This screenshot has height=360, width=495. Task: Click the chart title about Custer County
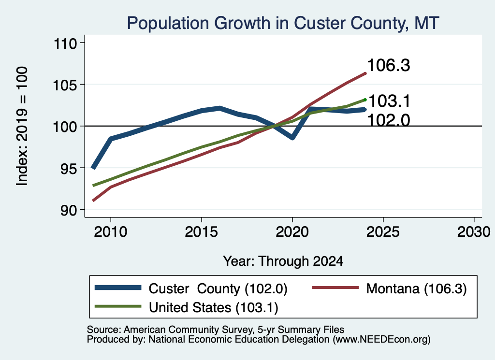coord(283,23)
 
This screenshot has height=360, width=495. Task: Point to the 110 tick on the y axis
coord(66,43)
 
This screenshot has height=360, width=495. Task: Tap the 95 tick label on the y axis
coord(69,168)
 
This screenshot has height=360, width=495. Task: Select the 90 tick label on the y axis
coord(69,210)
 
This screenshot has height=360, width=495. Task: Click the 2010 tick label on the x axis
coord(111,232)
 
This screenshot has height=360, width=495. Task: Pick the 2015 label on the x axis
coord(202,232)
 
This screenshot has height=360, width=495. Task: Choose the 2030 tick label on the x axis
coord(474,232)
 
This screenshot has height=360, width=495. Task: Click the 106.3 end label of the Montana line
coord(388,65)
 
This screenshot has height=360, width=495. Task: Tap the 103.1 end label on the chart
coord(389,101)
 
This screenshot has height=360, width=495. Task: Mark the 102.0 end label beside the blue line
coord(389,120)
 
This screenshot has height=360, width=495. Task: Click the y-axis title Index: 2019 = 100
coord(22,126)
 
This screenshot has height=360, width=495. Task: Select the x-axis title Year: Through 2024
coord(283,261)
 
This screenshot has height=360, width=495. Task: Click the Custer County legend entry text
coord(218,288)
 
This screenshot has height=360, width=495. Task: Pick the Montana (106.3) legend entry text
coord(416,288)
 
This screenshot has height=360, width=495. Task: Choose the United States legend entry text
coord(213,308)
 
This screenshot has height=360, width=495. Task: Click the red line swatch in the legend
coord(335,288)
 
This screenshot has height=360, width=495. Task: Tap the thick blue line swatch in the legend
coord(118,288)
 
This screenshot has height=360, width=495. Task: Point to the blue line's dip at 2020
coord(292,138)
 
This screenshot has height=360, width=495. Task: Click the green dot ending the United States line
coord(365,100)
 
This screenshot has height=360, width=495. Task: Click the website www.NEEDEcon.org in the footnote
coord(381,340)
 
